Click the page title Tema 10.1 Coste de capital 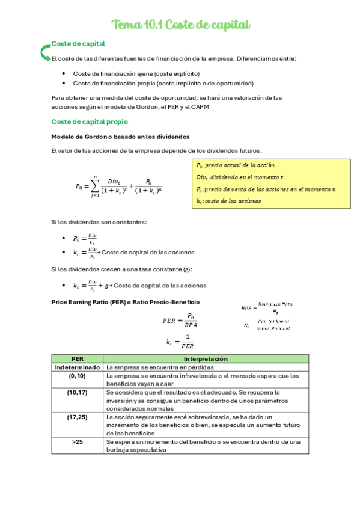click(x=181, y=25)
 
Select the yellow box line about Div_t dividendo click(x=240, y=177)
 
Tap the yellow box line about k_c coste click(x=228, y=201)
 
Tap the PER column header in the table click(x=78, y=358)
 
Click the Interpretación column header click(x=206, y=358)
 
